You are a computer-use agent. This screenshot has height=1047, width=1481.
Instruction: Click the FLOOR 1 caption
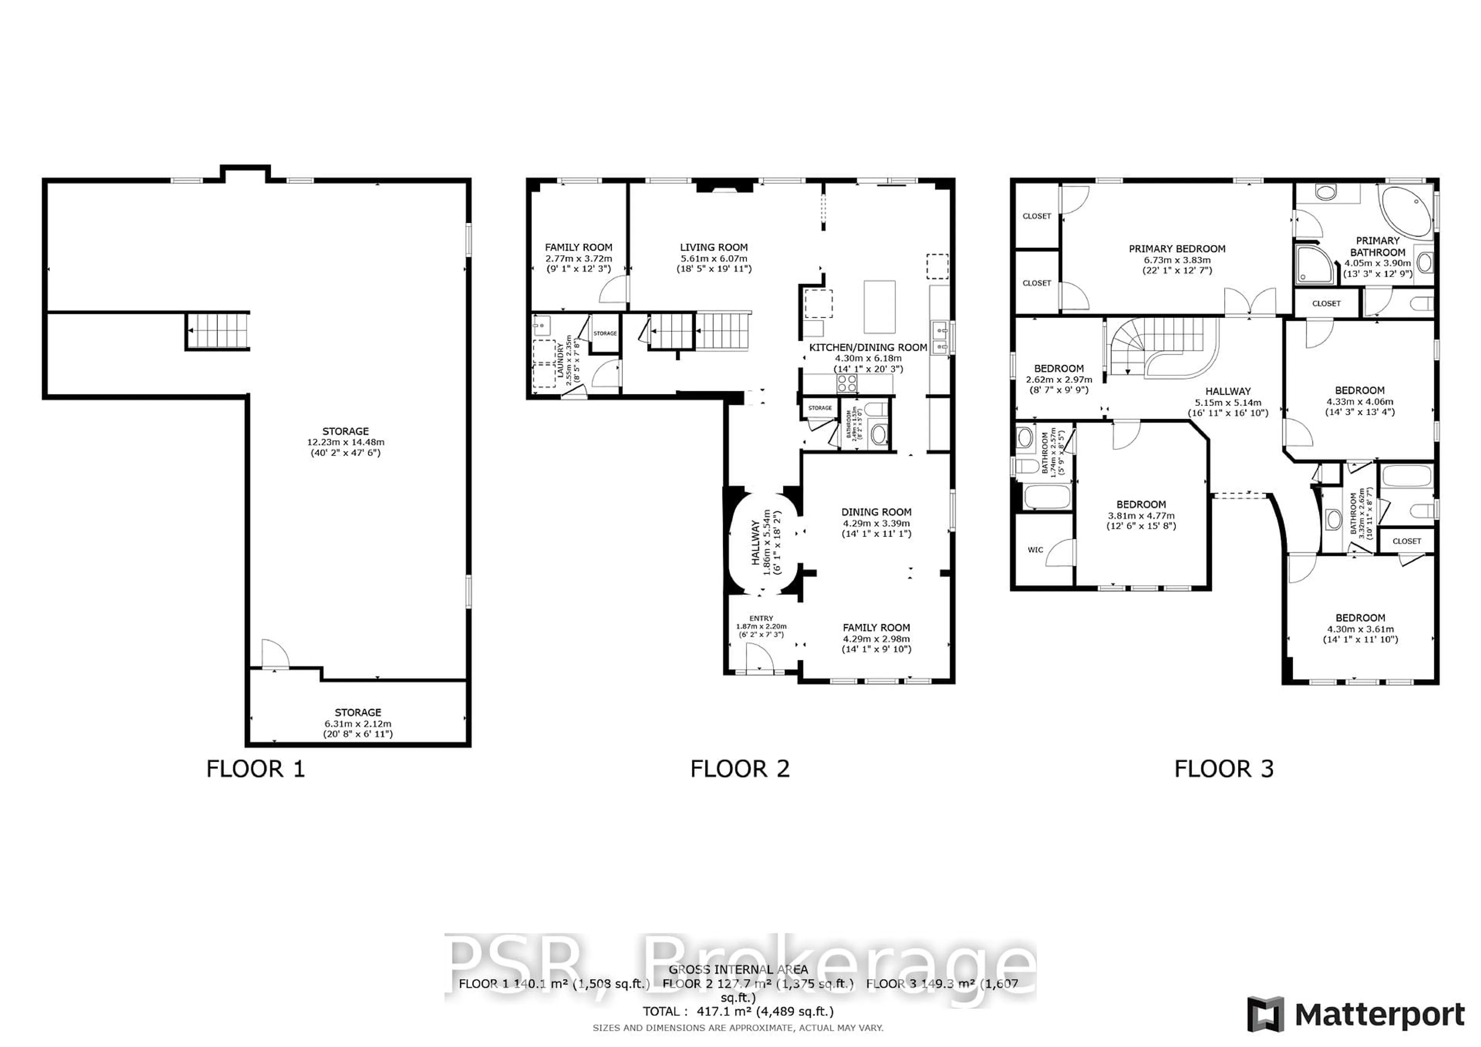tap(255, 769)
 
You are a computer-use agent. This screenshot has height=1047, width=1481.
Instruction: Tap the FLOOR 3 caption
tap(1224, 769)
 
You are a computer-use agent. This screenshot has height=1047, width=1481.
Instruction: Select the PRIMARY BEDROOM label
tap(1177, 249)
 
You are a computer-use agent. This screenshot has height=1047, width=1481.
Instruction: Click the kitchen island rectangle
tap(879, 306)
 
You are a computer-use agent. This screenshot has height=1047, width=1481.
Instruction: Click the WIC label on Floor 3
tap(1035, 550)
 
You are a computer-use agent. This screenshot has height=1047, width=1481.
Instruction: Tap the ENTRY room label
tap(761, 618)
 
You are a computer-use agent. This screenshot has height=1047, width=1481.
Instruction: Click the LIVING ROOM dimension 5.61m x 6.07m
tap(714, 258)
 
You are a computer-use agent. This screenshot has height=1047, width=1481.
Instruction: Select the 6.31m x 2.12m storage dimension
tap(358, 723)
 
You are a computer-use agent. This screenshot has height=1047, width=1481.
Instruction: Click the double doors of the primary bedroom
tap(1250, 302)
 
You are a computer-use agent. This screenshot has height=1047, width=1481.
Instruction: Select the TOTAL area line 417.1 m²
tap(737, 1012)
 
